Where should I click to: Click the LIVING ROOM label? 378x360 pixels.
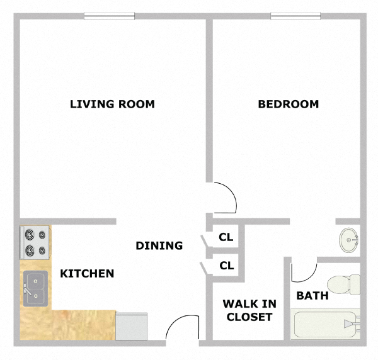pyautogui.click(x=112, y=104)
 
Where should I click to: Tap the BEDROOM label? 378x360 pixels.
pyautogui.click(x=289, y=104)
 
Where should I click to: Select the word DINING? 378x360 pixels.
pyautogui.click(x=159, y=245)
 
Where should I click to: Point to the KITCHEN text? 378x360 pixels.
pyautogui.click(x=87, y=273)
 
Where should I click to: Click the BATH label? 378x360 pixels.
pyautogui.click(x=312, y=295)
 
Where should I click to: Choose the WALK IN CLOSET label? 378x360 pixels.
pyautogui.click(x=248, y=310)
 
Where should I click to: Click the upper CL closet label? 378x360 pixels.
pyautogui.click(x=226, y=237)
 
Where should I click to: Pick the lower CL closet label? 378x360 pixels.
pyautogui.click(x=226, y=266)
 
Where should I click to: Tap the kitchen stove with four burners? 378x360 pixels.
pyautogui.click(x=35, y=243)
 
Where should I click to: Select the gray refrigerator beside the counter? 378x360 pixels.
pyautogui.click(x=132, y=325)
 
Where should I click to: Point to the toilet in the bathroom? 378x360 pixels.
pyautogui.click(x=343, y=284)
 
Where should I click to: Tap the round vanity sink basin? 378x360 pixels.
pyautogui.click(x=349, y=239)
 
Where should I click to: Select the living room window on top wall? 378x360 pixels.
pyautogui.click(x=109, y=17)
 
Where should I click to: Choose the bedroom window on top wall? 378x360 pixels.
pyautogui.click(x=296, y=17)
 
